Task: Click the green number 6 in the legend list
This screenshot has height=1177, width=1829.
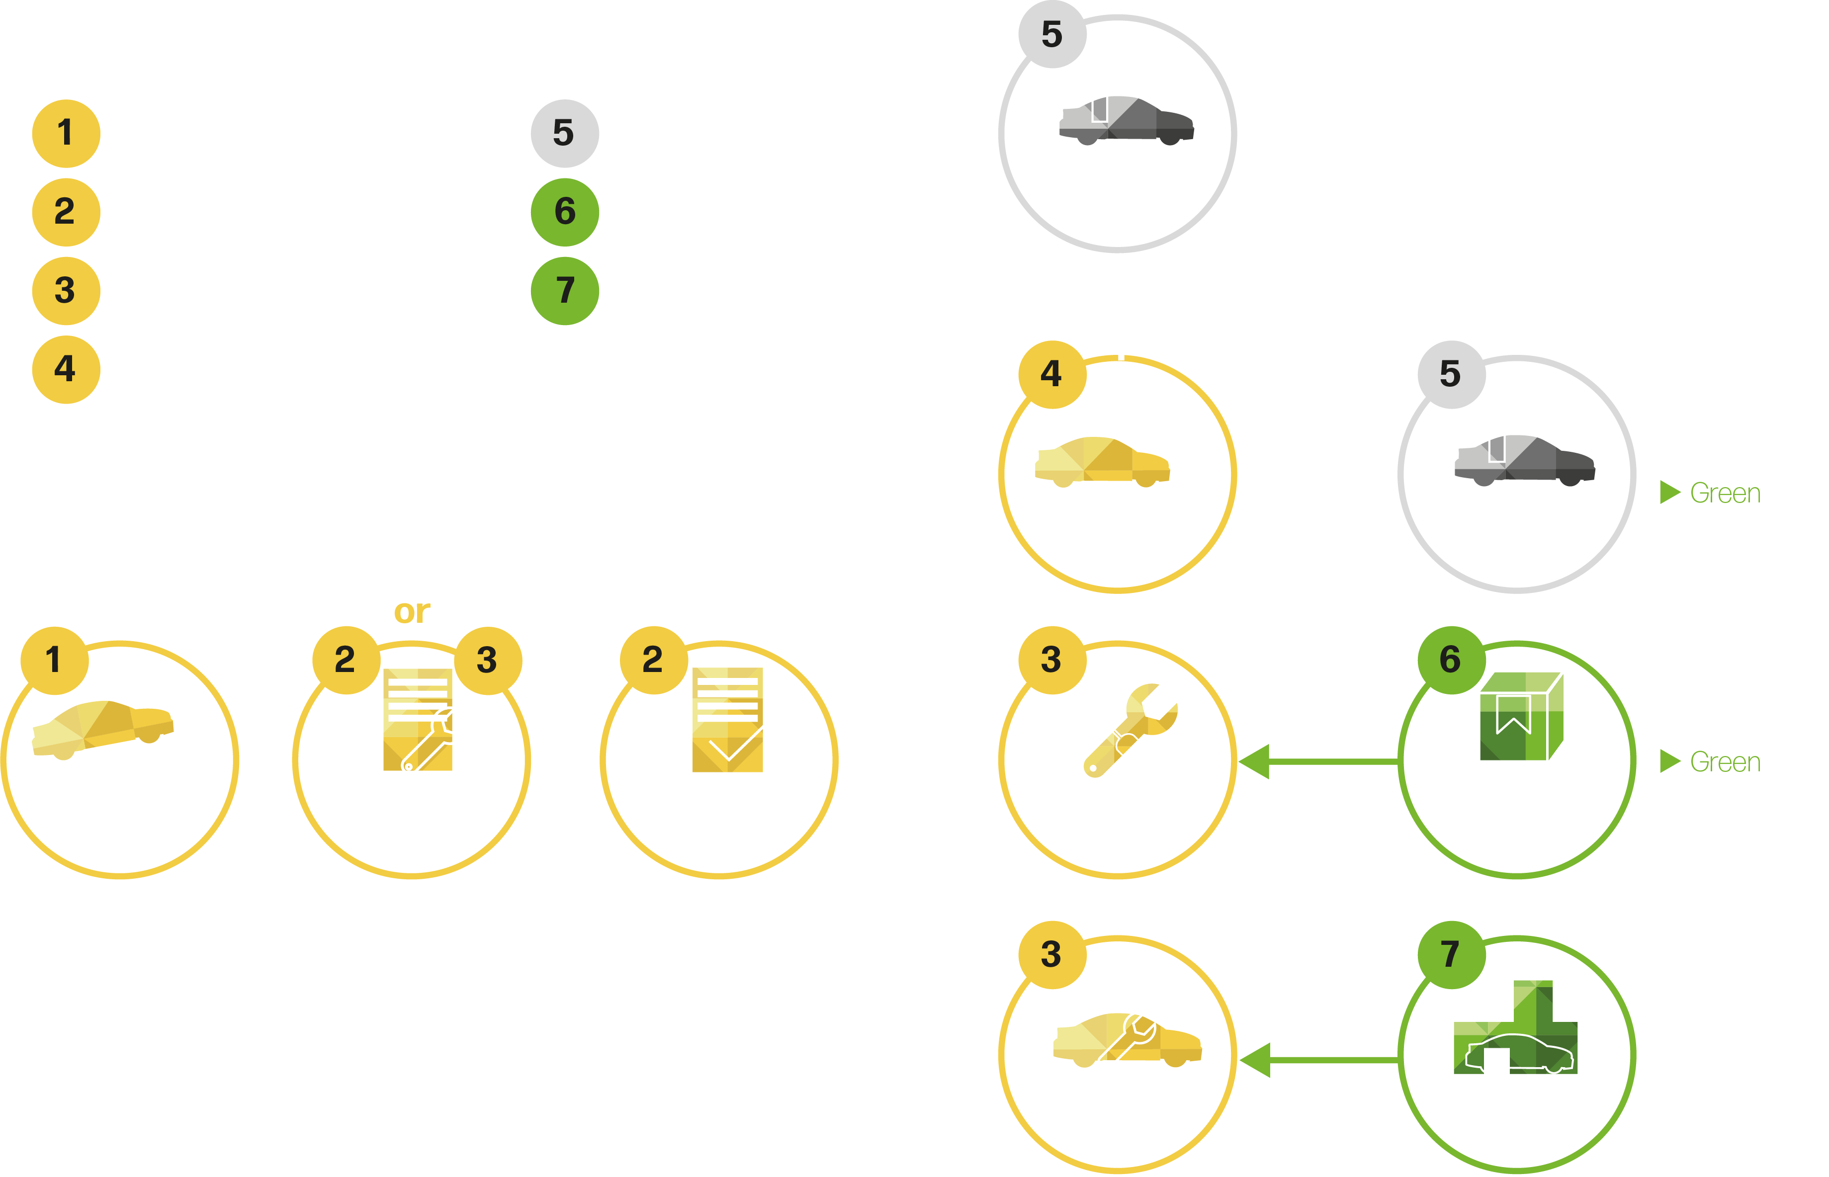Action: point(565,212)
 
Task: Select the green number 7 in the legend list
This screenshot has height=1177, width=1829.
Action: point(565,290)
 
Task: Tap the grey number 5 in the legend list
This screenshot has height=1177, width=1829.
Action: point(565,133)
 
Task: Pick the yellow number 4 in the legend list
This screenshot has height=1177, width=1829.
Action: point(66,369)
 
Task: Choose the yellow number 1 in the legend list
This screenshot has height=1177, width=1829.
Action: point(66,133)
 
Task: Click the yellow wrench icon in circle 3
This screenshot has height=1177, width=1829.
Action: point(1130,730)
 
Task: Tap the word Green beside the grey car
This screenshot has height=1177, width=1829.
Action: point(1724,493)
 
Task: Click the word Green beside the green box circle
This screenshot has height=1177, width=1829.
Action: point(1724,762)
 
